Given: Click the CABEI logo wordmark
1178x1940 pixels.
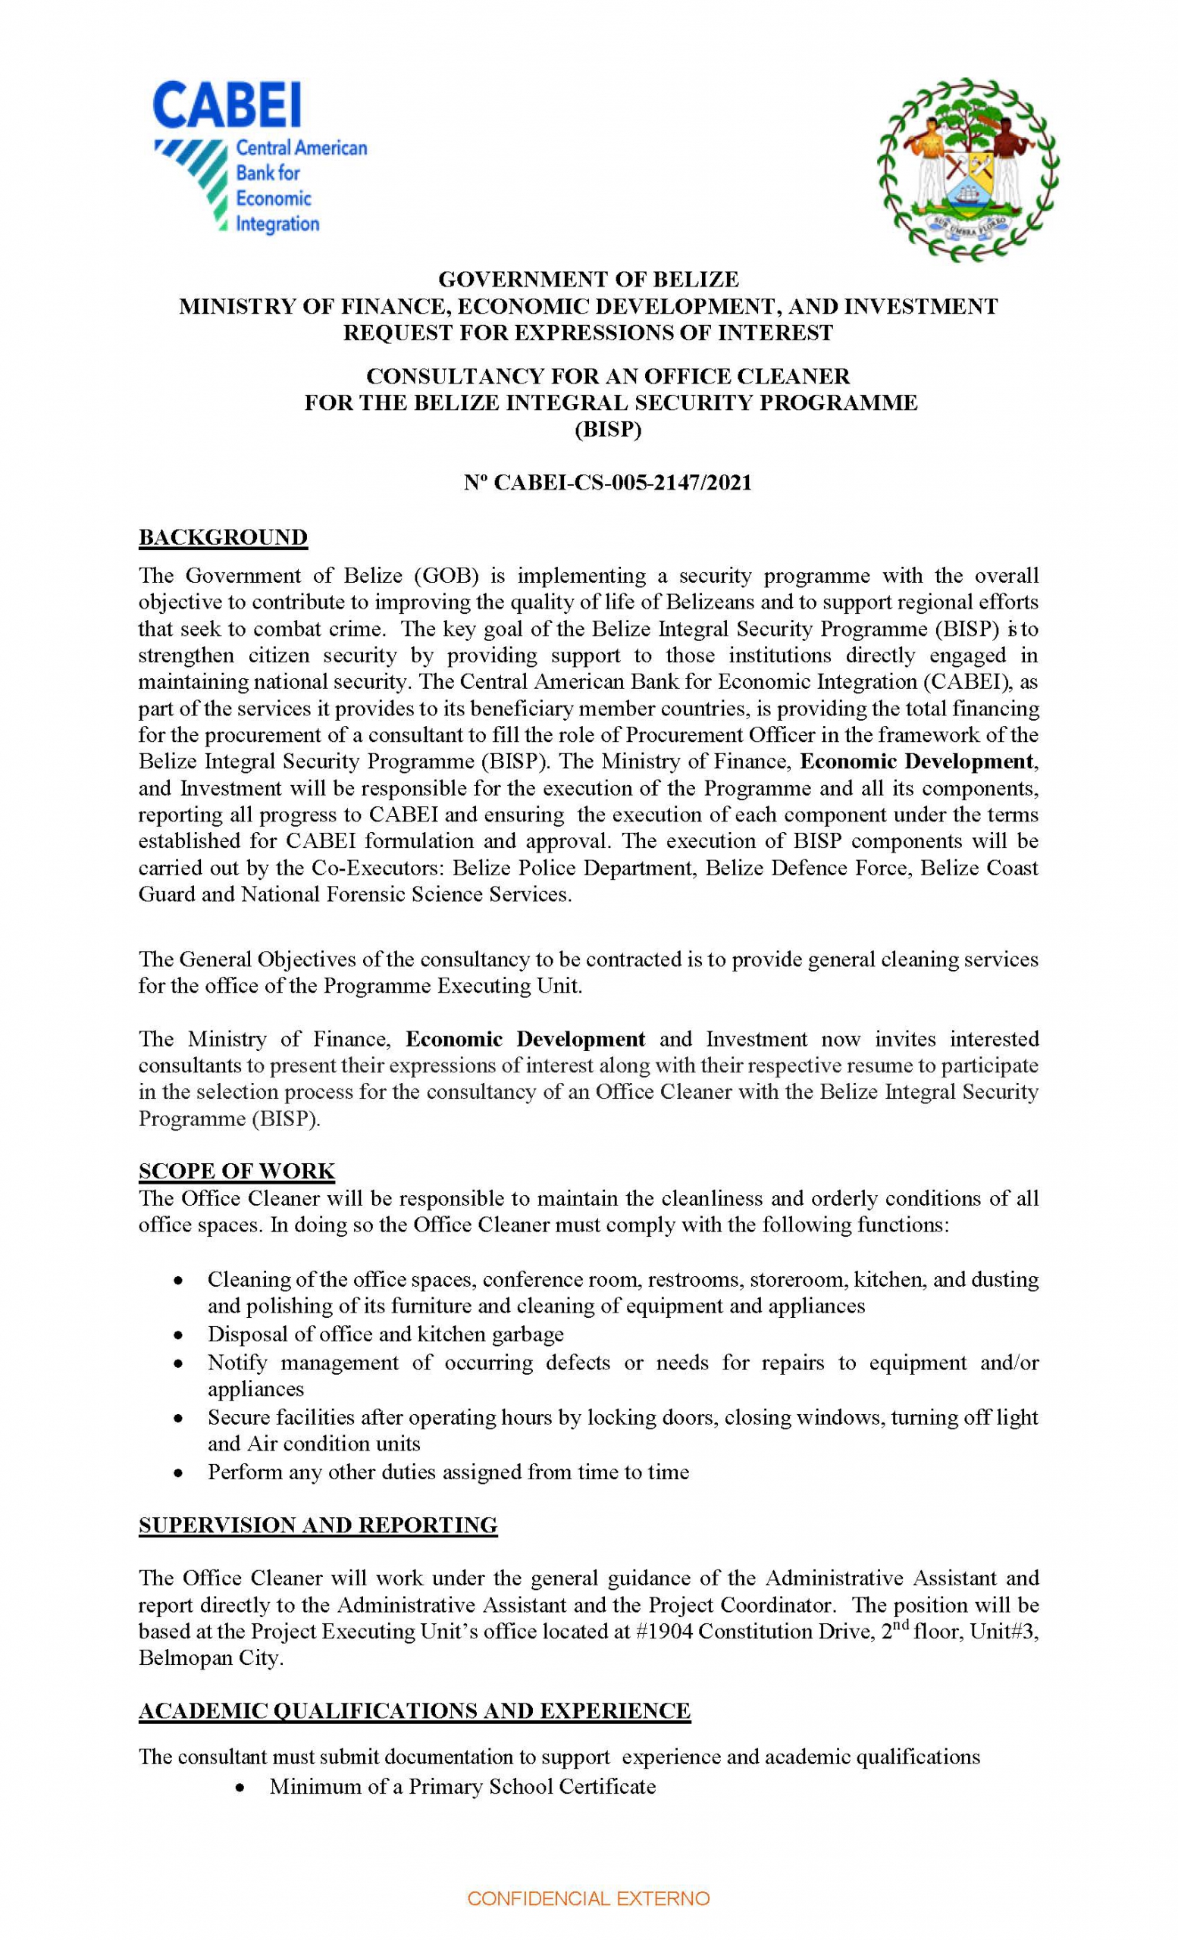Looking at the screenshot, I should [227, 106].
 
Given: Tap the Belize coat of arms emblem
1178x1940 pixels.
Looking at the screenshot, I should [968, 169].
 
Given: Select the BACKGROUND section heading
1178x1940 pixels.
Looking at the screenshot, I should [223, 537].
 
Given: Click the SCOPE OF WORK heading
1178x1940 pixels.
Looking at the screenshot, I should [237, 1171].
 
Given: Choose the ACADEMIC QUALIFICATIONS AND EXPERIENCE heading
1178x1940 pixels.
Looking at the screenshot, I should [414, 1711].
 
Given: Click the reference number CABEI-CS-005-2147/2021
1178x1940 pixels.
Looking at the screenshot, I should [622, 483].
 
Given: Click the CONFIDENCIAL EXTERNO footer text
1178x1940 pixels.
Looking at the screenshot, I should [588, 1898].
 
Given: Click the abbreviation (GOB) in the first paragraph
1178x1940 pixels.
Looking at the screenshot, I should [446, 575].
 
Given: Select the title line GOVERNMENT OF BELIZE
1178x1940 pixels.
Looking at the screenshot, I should [588, 280].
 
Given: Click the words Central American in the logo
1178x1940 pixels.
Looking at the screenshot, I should [302, 148].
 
